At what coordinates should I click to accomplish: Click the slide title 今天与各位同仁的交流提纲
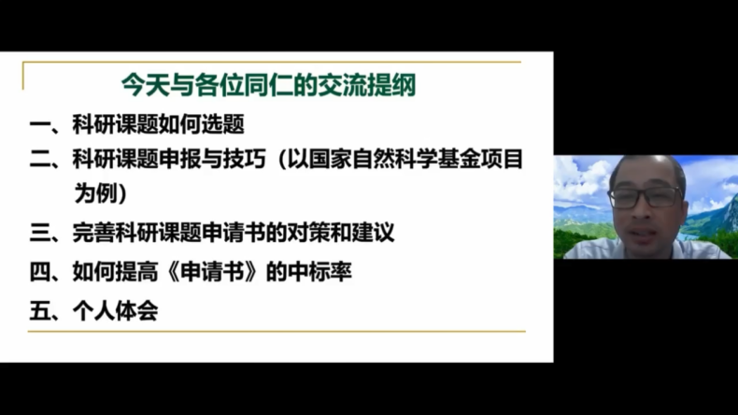(x=268, y=85)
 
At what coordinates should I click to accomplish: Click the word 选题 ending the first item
(x=222, y=125)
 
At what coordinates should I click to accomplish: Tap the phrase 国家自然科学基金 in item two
(x=394, y=159)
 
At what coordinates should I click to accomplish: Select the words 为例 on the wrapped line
(x=95, y=193)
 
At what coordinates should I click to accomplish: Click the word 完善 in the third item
(x=93, y=233)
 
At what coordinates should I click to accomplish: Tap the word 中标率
(x=319, y=272)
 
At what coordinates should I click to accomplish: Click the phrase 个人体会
(x=115, y=311)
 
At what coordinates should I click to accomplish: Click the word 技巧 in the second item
(x=244, y=159)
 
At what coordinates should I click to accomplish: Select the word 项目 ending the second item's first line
(x=502, y=159)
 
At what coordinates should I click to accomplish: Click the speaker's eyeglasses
(x=646, y=197)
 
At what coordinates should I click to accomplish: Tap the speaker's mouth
(x=644, y=233)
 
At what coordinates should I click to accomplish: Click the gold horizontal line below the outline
(x=277, y=332)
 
